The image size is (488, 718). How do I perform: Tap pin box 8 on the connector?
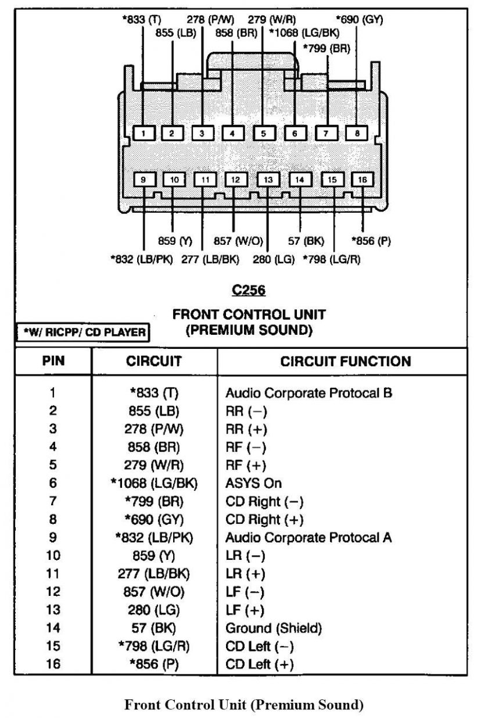tap(357, 133)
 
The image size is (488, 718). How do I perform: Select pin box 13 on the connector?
tap(268, 180)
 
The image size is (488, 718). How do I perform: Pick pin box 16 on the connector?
tap(362, 180)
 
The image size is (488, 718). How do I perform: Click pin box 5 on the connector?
tap(263, 133)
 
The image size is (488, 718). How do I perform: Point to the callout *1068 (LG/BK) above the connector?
tap(304, 33)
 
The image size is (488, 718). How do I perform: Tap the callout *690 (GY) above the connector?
tap(360, 19)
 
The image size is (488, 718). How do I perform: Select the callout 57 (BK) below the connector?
tap(306, 241)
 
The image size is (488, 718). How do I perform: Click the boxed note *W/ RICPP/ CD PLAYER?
tap(81, 332)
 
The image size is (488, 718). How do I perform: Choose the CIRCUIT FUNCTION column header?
tap(346, 361)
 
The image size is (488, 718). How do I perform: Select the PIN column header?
tap(53, 361)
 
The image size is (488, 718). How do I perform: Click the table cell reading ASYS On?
tap(253, 483)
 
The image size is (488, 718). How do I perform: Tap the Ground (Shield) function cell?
tap(274, 628)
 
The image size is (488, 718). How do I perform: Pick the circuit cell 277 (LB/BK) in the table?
tap(154, 574)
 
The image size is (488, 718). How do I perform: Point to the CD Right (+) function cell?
tap(264, 519)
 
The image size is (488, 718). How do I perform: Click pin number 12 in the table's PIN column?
tap(53, 592)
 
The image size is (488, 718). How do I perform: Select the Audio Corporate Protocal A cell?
tap(308, 537)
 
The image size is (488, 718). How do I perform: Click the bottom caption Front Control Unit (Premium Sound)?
tap(244, 705)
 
